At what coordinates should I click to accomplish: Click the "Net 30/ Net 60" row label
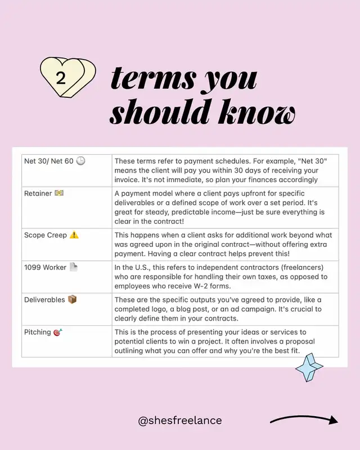(49, 161)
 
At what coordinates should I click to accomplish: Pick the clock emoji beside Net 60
(80, 161)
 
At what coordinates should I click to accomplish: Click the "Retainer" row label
(38, 193)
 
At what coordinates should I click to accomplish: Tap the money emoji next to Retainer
(59, 193)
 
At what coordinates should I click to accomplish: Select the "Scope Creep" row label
(46, 235)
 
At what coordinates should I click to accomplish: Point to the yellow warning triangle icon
(74, 235)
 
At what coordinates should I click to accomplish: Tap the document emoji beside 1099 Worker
(74, 268)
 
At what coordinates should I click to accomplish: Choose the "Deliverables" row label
(44, 300)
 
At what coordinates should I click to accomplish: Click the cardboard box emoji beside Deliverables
(72, 300)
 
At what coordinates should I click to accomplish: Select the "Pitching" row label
(37, 332)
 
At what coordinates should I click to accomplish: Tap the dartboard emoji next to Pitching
(57, 332)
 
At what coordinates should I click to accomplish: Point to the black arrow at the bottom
(304, 420)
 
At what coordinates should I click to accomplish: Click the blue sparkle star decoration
(309, 368)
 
